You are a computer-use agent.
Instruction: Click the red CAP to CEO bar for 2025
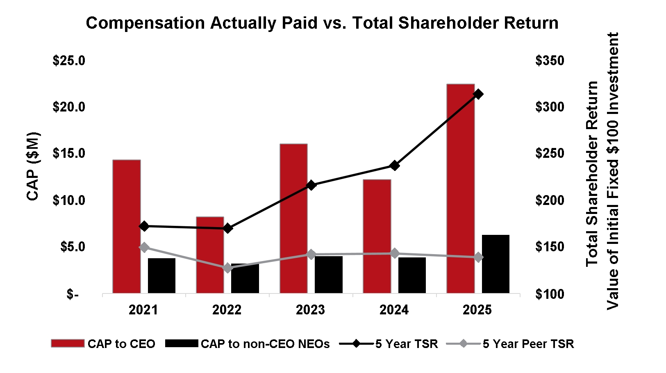460,189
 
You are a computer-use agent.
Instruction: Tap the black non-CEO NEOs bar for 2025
496,264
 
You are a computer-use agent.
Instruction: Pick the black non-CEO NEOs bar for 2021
161,275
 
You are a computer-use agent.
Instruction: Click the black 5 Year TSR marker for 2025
478,94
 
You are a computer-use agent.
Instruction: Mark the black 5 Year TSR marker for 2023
311,185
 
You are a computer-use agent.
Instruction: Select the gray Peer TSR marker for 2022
227,268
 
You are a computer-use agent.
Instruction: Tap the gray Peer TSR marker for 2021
144,247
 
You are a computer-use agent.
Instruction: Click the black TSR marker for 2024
394,166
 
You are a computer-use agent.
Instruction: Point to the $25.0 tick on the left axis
69,61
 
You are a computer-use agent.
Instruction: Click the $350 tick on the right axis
549,61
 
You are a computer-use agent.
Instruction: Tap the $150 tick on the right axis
549,247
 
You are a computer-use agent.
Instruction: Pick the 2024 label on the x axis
394,310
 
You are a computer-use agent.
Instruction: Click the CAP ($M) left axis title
33,166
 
